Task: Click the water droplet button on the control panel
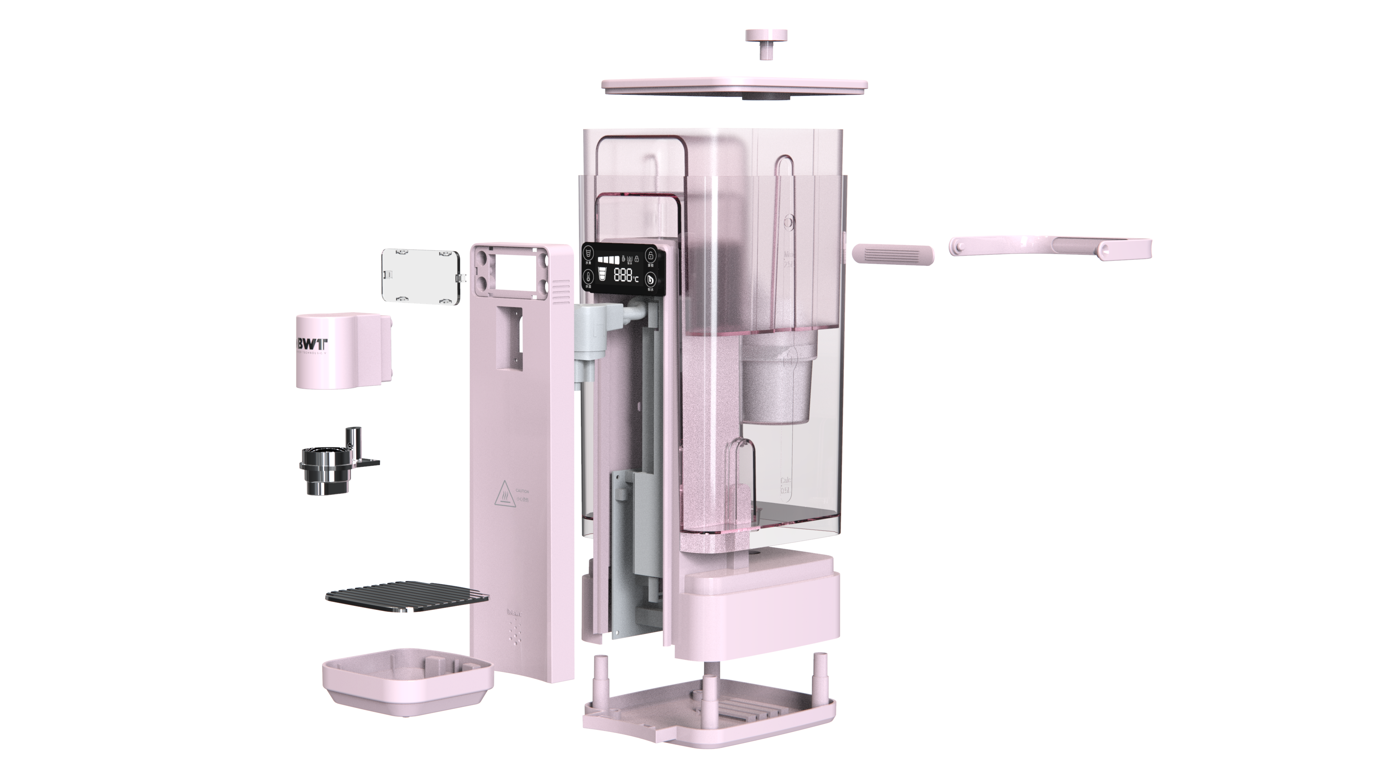click(651, 279)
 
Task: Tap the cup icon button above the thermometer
click(588, 253)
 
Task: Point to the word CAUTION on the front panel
click(522, 491)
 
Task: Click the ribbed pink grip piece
click(893, 254)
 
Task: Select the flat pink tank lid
click(734, 86)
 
